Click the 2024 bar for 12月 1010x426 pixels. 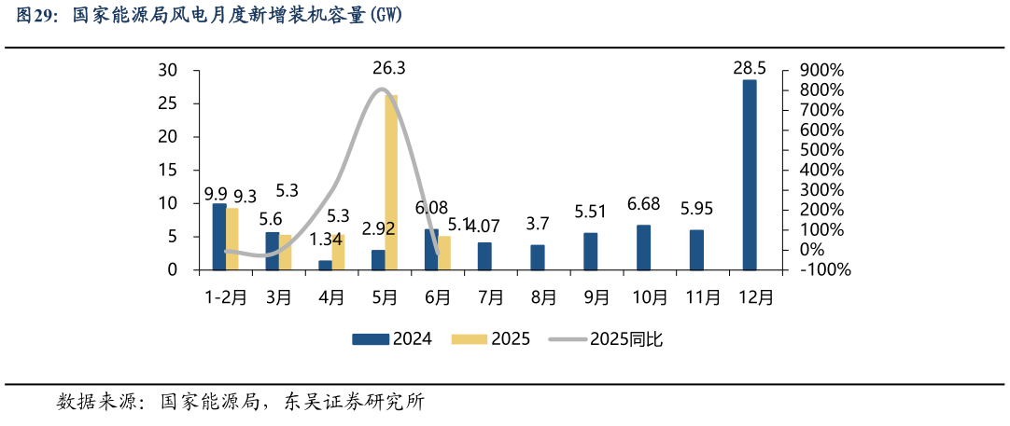[750, 175]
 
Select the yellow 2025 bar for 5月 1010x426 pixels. [391, 183]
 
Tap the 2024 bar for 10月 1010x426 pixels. [643, 248]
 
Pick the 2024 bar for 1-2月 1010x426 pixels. [219, 237]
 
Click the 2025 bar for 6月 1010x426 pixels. [444, 253]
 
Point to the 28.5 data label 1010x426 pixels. [750, 68]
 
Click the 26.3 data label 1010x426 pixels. [388, 68]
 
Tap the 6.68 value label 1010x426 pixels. [643, 204]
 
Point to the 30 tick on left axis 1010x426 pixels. [168, 71]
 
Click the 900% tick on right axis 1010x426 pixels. [822, 71]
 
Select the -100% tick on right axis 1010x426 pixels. [820, 270]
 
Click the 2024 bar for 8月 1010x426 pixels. [538, 257]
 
